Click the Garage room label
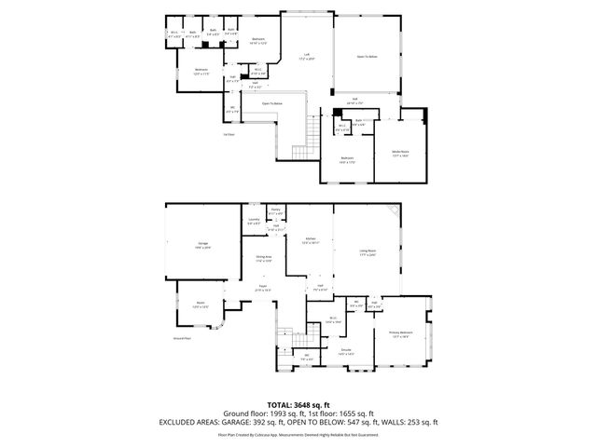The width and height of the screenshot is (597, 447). pos(202,245)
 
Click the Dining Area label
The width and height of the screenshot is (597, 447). pos(263,257)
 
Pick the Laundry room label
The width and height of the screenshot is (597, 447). pos(254,220)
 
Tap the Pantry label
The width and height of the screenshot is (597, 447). pos(276,210)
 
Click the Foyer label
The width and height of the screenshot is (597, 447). pos(263,288)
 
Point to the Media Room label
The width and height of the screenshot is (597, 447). pos(398,155)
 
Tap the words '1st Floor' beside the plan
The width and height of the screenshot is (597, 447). pos(228,134)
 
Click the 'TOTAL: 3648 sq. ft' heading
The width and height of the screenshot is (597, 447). pos(298,405)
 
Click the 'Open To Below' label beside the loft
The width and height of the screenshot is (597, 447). pos(367,57)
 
